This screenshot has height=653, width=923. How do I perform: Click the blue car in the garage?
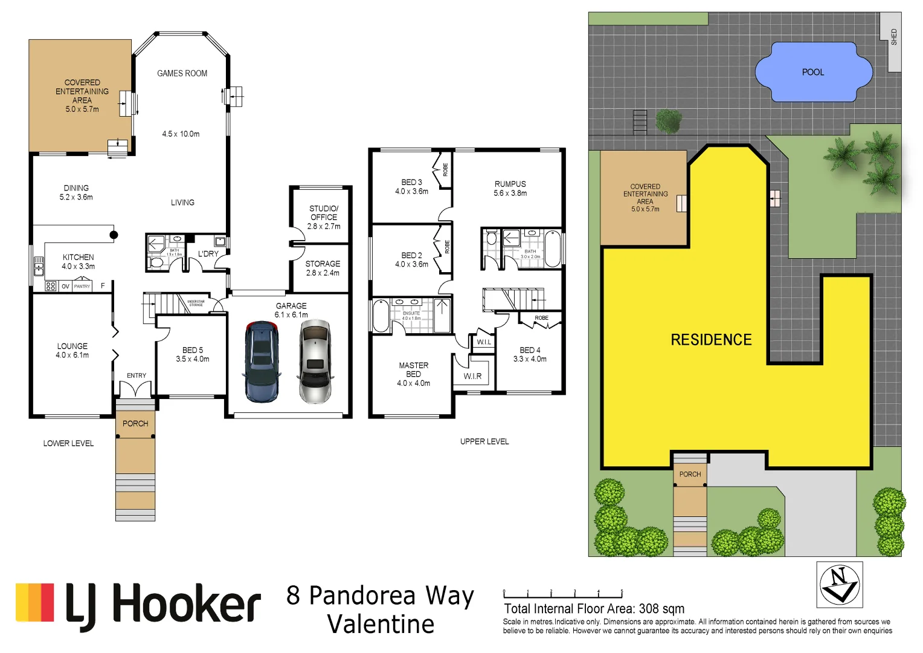click(262, 362)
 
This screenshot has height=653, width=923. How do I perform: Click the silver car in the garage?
click(315, 362)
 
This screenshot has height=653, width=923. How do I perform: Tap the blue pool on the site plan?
click(813, 72)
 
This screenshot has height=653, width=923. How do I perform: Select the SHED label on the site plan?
click(894, 37)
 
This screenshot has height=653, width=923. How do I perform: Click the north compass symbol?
click(839, 584)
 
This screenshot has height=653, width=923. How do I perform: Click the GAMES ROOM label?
click(182, 73)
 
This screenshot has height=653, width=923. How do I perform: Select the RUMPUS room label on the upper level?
click(510, 184)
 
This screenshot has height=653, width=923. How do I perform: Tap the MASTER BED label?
click(413, 369)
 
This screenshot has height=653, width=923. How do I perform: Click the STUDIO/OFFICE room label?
click(324, 213)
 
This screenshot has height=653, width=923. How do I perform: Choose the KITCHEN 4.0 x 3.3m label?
click(78, 261)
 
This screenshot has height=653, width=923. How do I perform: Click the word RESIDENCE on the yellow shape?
click(711, 340)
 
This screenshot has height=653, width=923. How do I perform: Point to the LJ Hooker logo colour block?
click(35, 602)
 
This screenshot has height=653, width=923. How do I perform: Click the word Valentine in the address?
click(381, 624)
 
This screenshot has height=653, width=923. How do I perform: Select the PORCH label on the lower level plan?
click(135, 423)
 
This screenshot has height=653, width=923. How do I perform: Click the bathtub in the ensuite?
click(381, 316)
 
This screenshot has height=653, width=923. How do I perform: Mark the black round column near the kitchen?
click(114, 235)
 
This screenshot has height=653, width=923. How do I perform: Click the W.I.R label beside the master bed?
click(472, 376)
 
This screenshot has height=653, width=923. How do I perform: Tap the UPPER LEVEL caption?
click(484, 441)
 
